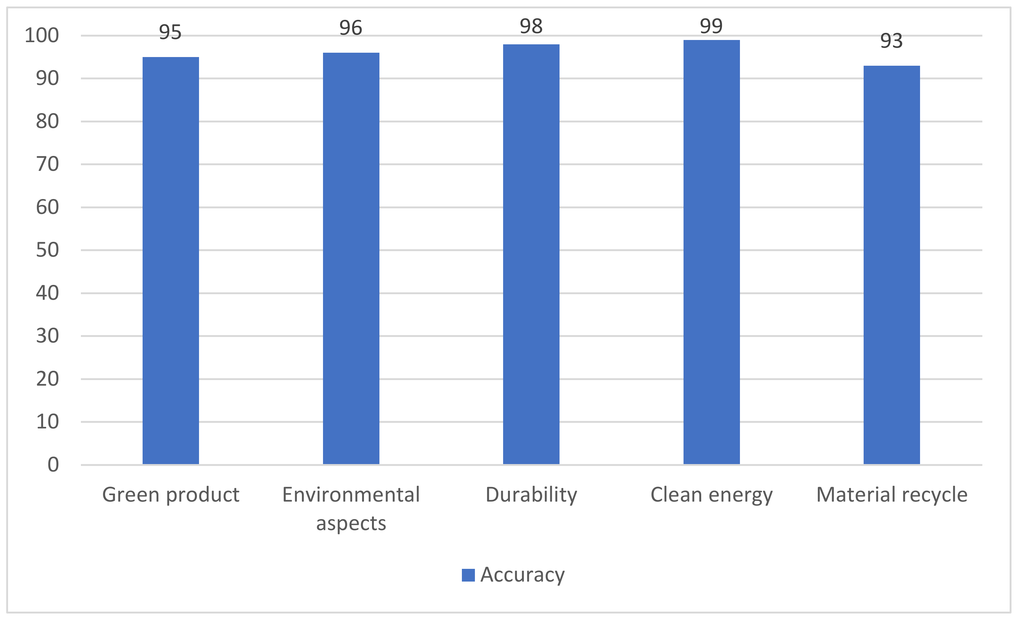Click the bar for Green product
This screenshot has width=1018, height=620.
(170, 260)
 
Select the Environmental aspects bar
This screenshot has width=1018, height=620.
(351, 258)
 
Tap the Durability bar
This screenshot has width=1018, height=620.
(531, 254)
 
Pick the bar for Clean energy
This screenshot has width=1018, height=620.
(711, 252)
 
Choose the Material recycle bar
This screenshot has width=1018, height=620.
(892, 264)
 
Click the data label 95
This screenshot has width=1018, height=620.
(170, 32)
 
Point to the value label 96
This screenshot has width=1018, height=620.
(351, 28)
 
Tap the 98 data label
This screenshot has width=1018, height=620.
(531, 26)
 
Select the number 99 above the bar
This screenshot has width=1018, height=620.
(711, 26)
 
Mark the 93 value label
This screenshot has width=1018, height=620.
(891, 41)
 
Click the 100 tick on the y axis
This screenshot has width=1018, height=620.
(42, 36)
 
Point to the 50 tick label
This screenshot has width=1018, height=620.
(47, 250)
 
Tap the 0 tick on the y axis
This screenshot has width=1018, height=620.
(53, 465)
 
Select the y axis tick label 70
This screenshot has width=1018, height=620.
(47, 164)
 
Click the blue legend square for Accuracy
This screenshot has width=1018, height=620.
(468, 575)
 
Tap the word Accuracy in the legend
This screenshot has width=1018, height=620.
(522, 575)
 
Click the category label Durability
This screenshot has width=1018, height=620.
(531, 495)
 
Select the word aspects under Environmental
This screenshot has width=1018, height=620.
(351, 523)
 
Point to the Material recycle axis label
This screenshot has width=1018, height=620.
(892, 495)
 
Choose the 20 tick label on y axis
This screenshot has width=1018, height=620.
(47, 379)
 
